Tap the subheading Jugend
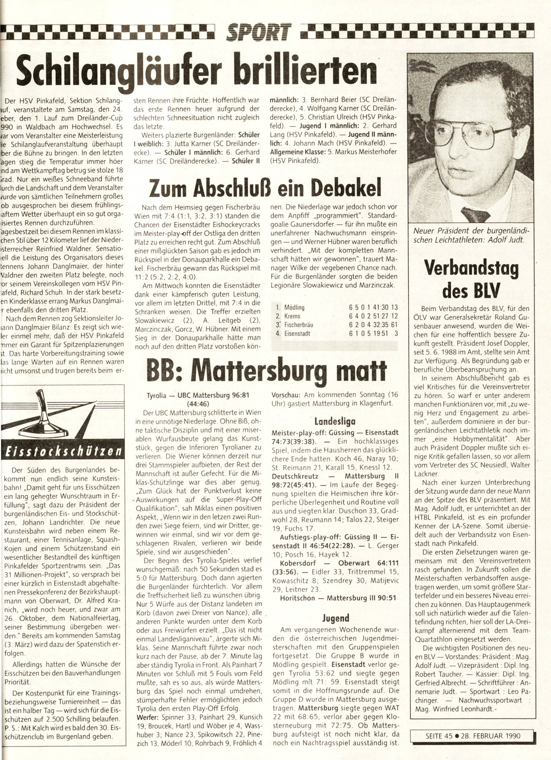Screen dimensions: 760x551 pyautogui.click(x=336, y=618)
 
